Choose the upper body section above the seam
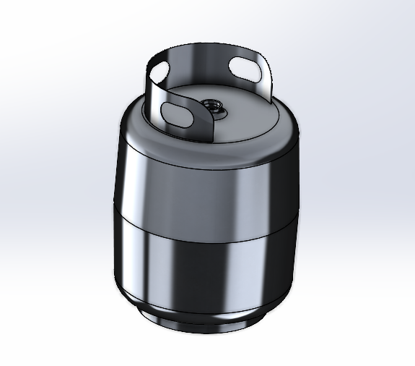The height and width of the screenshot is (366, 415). click(x=209, y=188)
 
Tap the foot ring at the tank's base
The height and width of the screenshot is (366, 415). click(x=209, y=318)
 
